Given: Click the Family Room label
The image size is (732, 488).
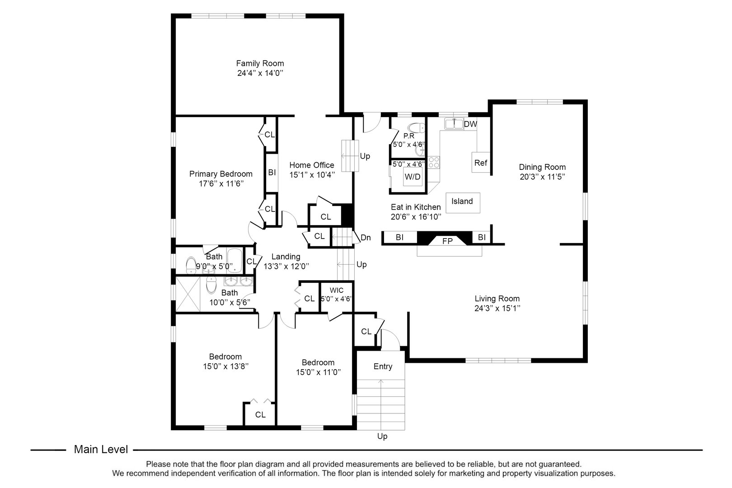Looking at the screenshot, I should click(x=260, y=63).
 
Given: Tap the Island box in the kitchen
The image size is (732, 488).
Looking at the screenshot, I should click(x=462, y=202).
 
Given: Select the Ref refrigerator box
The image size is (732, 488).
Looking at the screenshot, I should click(x=480, y=163).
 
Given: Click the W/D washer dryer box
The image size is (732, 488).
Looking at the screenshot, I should click(x=412, y=177).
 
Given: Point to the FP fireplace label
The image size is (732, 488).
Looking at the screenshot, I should click(x=447, y=241).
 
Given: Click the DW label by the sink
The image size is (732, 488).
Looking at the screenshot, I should click(x=470, y=124).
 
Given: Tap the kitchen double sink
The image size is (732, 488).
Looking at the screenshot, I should click(x=453, y=123).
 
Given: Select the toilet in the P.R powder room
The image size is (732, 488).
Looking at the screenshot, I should click(x=416, y=128).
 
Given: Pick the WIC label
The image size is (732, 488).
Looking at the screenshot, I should click(x=336, y=290).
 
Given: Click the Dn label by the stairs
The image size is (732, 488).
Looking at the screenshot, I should click(x=366, y=238).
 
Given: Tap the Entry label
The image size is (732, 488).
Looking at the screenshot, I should click(x=383, y=366).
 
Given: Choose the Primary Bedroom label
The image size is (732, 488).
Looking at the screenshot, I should click(x=221, y=174).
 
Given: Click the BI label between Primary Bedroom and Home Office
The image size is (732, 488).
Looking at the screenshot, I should click(x=272, y=172).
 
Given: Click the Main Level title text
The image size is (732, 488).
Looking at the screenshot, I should click(x=101, y=450).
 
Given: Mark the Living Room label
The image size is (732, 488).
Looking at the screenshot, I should click(x=497, y=299).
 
